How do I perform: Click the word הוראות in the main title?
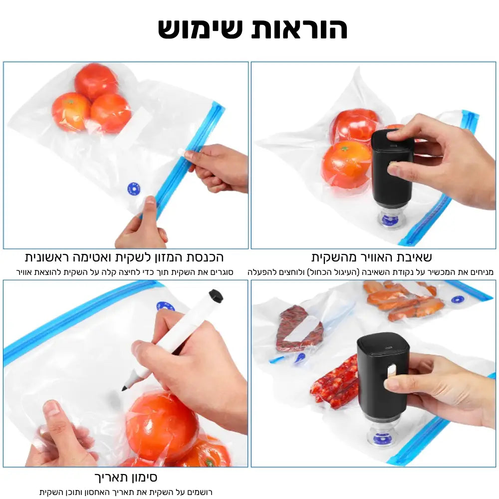click(x=299, y=29)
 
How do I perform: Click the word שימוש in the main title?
click(x=201, y=29)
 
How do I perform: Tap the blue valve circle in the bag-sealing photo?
click(x=134, y=189)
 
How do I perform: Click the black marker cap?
click(x=216, y=295)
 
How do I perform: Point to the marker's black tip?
click(x=124, y=388)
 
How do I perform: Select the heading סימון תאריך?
click(x=126, y=477)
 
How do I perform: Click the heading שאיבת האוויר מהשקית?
click(x=371, y=257)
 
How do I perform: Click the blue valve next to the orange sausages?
click(x=457, y=299)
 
